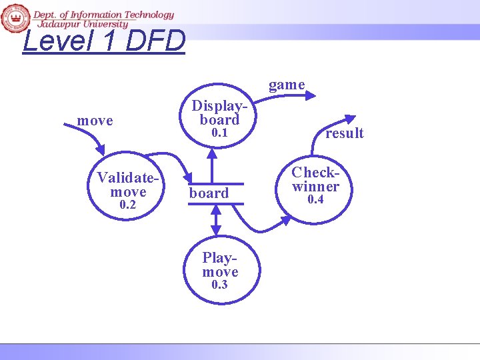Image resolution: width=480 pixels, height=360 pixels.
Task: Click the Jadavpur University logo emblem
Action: tap(15, 17)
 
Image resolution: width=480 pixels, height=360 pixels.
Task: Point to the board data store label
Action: tap(209, 193)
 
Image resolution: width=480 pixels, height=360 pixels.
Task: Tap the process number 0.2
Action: tap(127, 205)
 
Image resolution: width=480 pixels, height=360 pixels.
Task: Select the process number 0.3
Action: tap(219, 285)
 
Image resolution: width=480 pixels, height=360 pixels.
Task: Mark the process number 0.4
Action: tap(315, 200)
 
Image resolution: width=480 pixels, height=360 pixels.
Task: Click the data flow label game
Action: tap(287, 85)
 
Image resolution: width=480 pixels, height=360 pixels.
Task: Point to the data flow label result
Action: tap(345, 133)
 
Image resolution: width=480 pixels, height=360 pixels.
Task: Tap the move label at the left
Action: tap(95, 121)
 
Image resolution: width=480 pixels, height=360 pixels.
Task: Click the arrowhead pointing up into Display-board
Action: tap(212, 153)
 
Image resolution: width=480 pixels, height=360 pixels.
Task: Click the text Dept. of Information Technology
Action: tap(103, 15)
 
